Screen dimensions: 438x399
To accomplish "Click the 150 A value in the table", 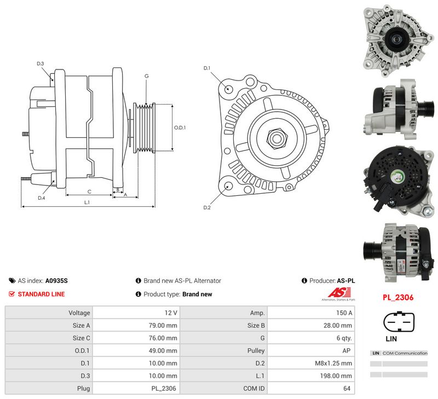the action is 344,313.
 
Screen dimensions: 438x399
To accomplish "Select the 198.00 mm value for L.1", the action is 336,376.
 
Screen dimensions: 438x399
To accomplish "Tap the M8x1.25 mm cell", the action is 333,363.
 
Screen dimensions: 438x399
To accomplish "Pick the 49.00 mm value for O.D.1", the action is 163,351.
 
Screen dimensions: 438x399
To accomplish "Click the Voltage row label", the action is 79,313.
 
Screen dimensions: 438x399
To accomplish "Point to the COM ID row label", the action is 254,389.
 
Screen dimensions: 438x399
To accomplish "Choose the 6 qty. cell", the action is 344,338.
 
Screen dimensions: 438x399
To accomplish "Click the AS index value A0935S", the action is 56,281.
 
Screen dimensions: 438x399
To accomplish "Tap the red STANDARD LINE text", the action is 42,294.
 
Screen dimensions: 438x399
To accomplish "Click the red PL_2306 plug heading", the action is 398,297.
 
